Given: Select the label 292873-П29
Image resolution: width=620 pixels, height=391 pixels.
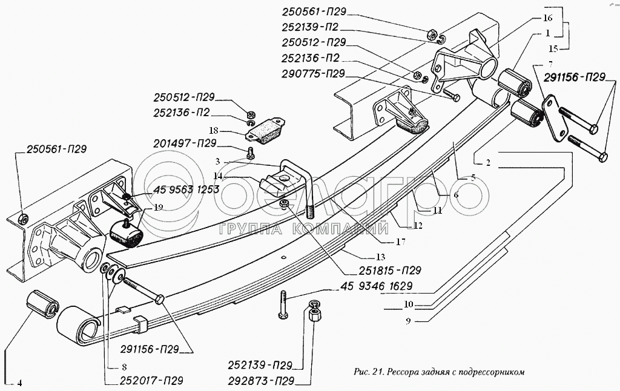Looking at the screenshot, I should [x=262, y=381].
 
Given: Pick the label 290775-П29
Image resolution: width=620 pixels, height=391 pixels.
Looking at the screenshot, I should [x=313, y=74].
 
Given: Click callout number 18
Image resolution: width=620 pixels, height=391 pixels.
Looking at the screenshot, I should [x=214, y=130].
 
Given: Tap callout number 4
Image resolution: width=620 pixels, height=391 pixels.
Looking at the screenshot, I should [x=19, y=382].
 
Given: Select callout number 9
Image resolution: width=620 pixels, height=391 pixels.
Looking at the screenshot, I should [x=408, y=321].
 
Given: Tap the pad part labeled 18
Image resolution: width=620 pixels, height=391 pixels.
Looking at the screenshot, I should [x=266, y=131].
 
